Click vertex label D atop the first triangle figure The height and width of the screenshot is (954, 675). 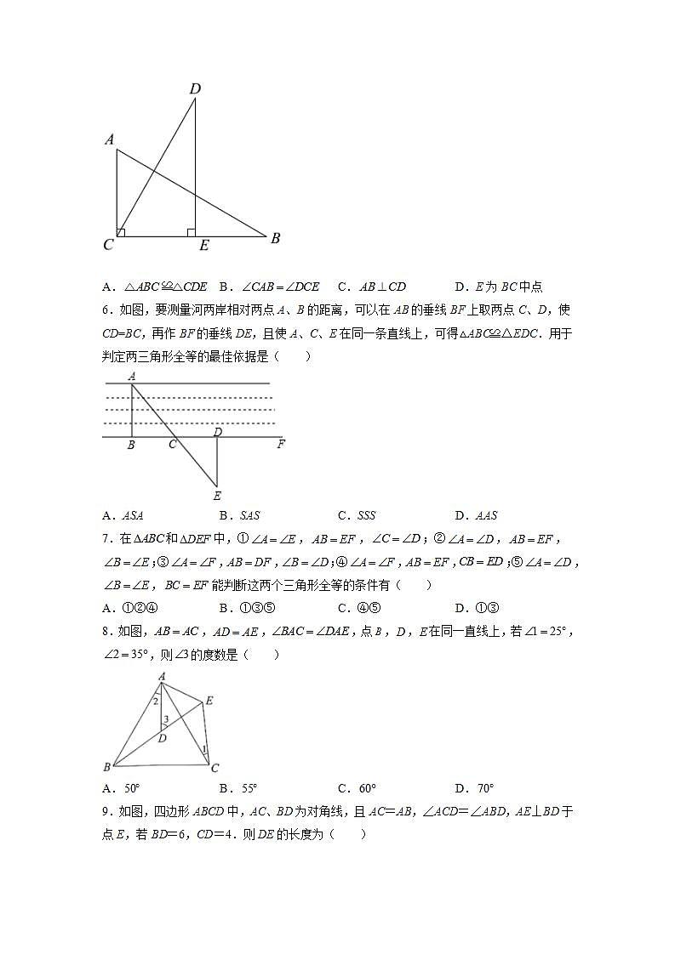point(195,88)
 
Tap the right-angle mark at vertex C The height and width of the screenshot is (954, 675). point(122,232)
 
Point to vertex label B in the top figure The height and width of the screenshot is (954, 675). point(275,239)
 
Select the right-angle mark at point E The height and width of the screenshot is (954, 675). point(192,232)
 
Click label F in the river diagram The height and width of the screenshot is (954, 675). point(281,444)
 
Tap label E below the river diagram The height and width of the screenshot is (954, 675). point(217,496)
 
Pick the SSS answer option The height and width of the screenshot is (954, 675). point(365,515)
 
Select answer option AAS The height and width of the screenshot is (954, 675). point(487,515)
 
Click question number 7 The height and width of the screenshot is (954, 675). point(106,538)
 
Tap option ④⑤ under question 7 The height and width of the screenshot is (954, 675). point(368,608)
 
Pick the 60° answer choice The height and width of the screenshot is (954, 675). point(368,788)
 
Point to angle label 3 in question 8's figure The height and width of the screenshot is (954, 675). point(166,719)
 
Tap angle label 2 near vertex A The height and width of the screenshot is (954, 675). point(155,701)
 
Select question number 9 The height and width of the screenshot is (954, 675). point(106,812)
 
